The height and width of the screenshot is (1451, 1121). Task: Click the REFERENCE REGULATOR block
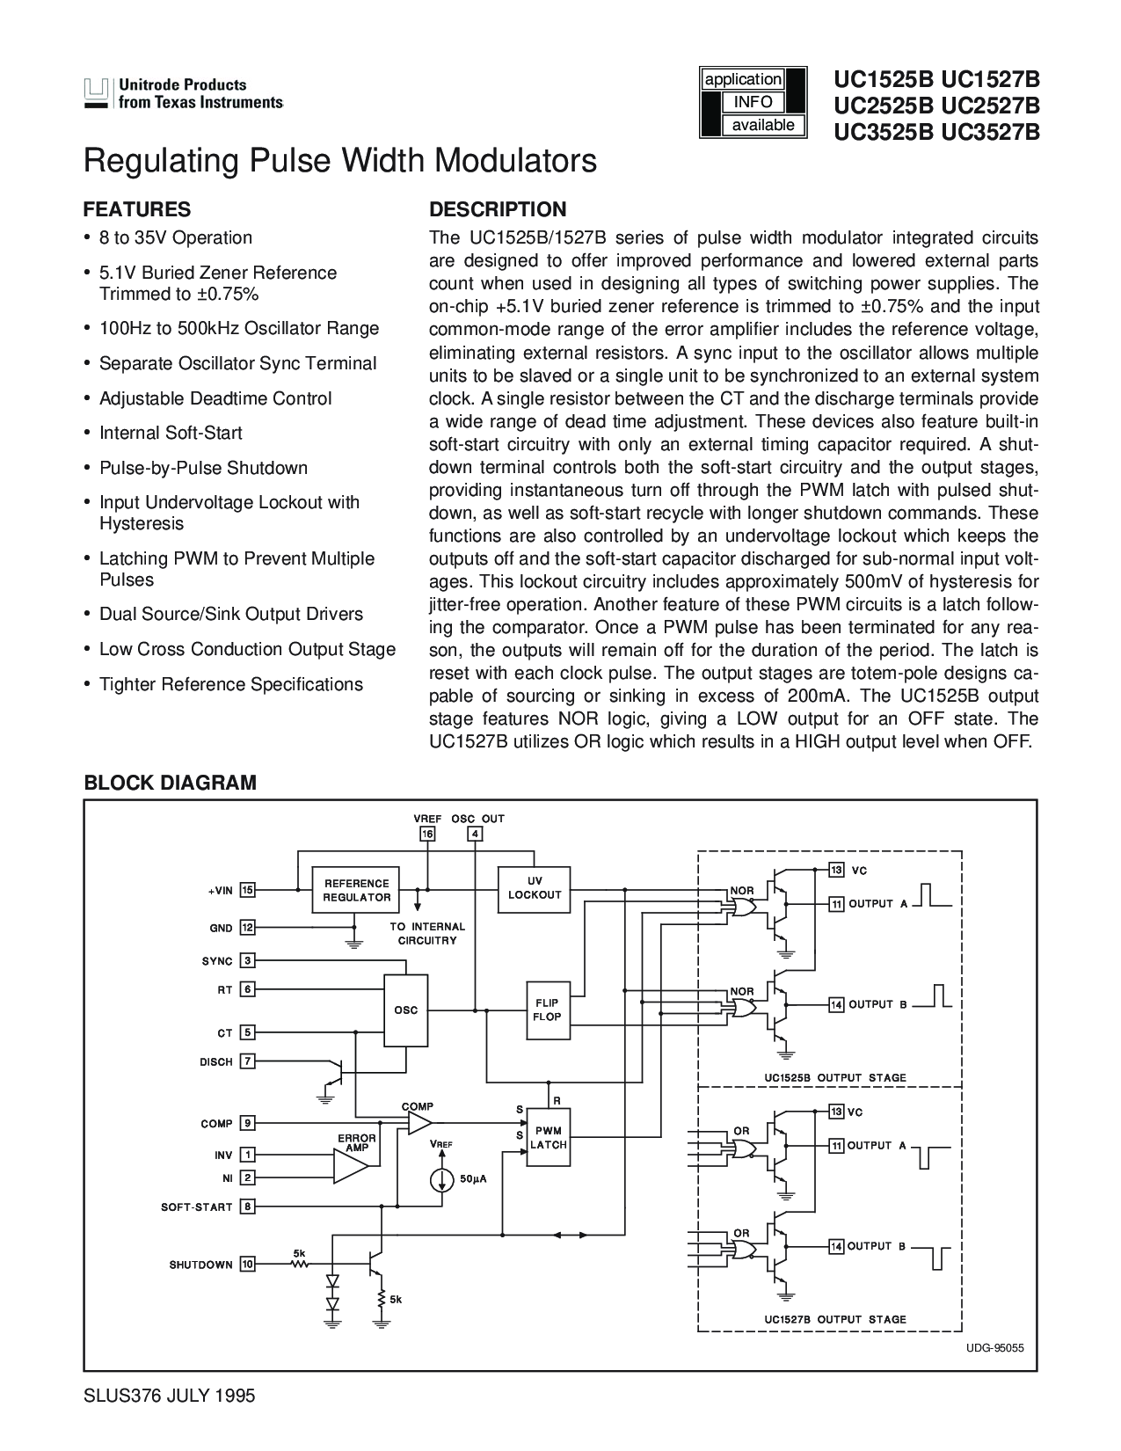(356, 890)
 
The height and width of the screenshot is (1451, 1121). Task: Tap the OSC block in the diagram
(405, 1010)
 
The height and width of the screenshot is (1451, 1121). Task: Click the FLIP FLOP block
(546, 1010)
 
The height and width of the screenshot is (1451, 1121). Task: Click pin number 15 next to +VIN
(248, 890)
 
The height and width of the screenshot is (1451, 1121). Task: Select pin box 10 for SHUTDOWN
(248, 1265)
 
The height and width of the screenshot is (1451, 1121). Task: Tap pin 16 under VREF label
(427, 834)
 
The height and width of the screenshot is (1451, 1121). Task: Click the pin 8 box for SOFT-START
(248, 1207)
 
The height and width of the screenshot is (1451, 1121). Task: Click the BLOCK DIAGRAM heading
(170, 783)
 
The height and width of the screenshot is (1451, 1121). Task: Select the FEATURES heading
(136, 209)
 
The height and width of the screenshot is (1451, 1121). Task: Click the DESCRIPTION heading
(497, 209)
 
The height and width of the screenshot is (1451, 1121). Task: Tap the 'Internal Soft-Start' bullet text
(171, 433)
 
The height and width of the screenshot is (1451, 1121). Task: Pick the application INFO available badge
(752, 102)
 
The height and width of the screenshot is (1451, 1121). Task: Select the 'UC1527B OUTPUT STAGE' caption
(834, 1319)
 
